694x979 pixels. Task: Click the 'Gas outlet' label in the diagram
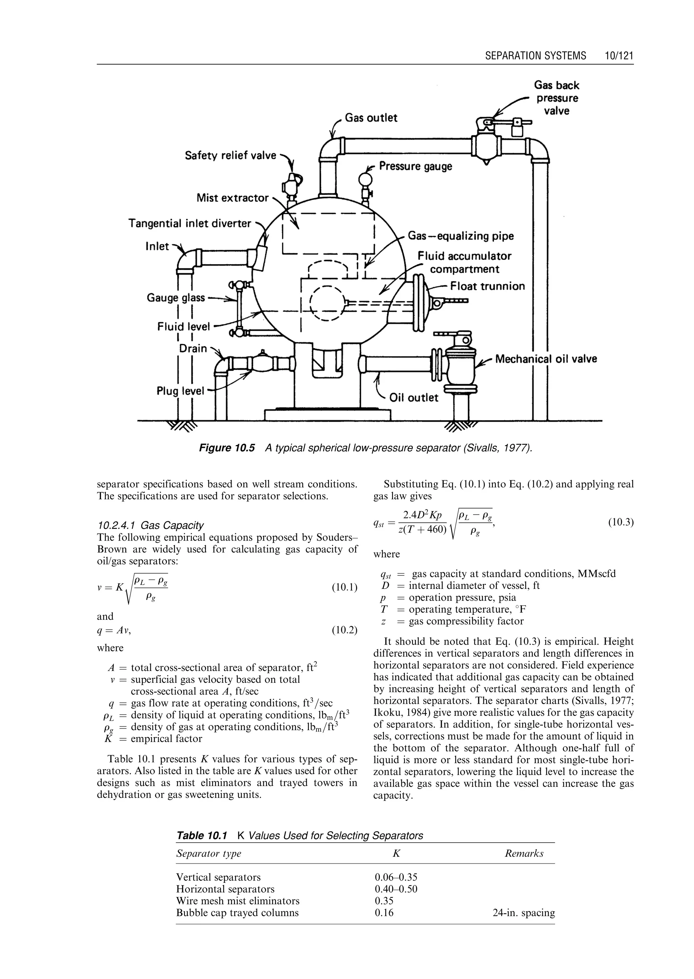[371, 118]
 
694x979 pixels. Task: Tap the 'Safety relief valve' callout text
[230, 155]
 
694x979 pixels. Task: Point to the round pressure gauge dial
[365, 178]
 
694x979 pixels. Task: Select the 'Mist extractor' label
[232, 198]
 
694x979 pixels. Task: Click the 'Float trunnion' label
[487, 286]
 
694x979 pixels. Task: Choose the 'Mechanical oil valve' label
[546, 359]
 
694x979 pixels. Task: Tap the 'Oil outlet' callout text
[413, 398]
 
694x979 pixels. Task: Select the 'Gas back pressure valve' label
[556, 98]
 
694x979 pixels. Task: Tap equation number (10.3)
[620, 523]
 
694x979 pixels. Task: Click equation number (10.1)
[344, 587]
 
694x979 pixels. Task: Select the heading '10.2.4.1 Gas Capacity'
[150, 525]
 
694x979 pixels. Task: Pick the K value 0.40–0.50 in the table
[396, 889]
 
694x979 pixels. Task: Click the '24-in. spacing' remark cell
[524, 913]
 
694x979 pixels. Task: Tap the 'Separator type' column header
[208, 853]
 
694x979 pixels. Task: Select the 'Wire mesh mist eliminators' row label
[238, 901]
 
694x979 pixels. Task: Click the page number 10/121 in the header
[619, 56]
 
